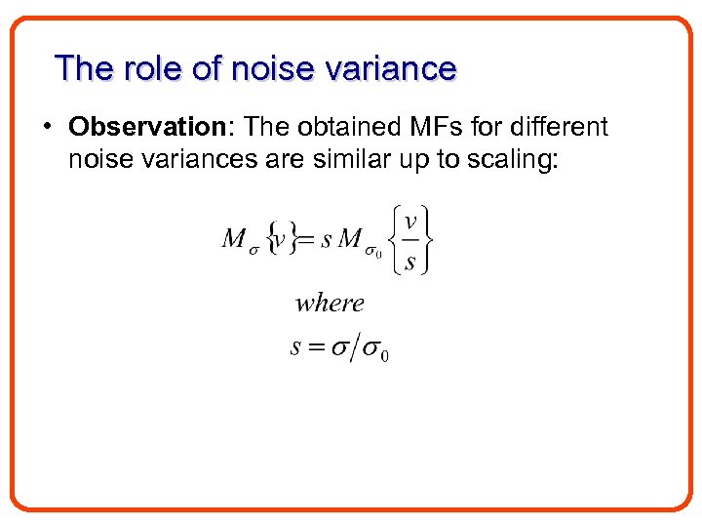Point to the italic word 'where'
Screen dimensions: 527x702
330,303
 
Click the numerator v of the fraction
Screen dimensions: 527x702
410,221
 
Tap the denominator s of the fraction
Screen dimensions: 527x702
410,262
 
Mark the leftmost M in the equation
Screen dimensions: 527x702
233,238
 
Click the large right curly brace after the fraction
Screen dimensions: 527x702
428,239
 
